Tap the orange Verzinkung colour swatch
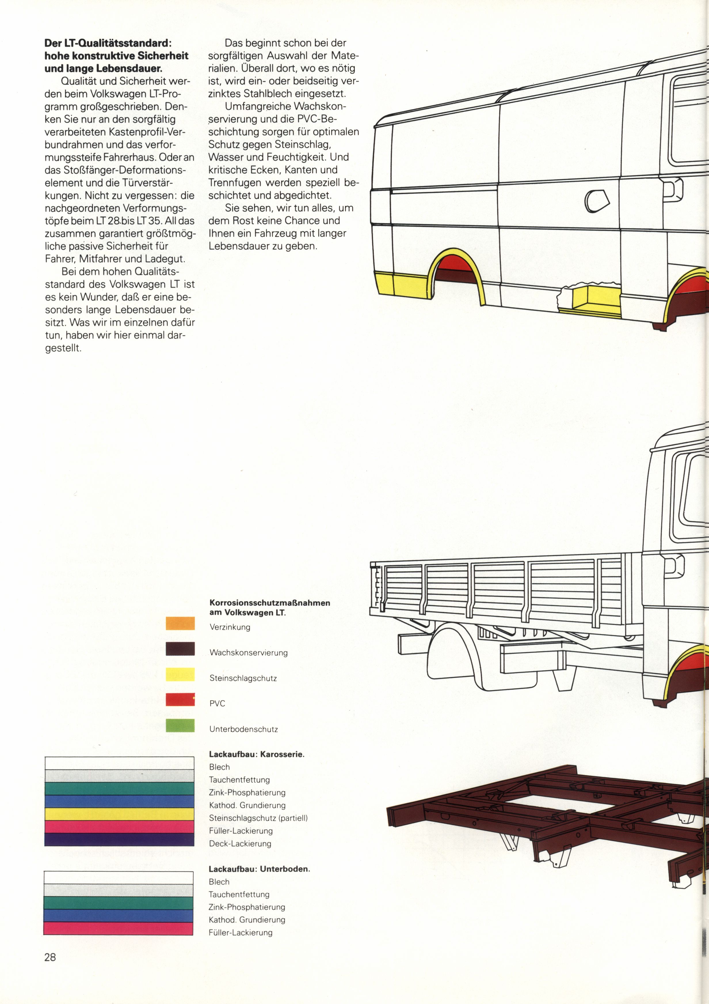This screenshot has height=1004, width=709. tap(180, 623)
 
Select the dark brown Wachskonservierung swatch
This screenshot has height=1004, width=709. tap(180, 649)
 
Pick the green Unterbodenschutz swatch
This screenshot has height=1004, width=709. tap(180, 725)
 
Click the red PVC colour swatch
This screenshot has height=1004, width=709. tap(180, 700)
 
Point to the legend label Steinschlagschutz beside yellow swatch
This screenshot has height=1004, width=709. tap(243, 678)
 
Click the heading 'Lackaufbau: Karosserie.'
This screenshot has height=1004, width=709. tap(257, 754)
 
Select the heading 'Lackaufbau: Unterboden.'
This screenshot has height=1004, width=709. tap(259, 869)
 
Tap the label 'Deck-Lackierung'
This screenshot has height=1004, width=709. tap(240, 843)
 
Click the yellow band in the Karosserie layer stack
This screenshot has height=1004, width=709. tap(119, 814)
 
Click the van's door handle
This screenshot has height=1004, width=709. tap(673, 189)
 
